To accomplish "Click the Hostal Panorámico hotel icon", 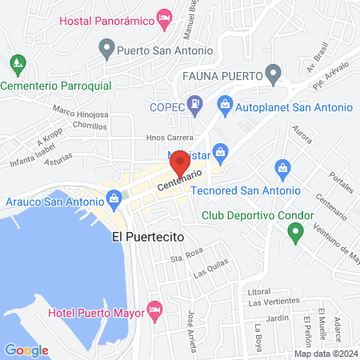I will [x=165, y=18].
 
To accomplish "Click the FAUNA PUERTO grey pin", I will [x=274, y=76].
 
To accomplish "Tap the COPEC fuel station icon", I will [x=194, y=102].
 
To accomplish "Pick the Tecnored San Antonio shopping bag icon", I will [x=282, y=168].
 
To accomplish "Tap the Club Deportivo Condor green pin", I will [x=295, y=233].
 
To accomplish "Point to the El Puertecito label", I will [x=149, y=238].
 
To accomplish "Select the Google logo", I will [x=26, y=350].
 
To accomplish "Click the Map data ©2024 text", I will [x=325, y=353].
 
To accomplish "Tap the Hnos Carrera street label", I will [x=169, y=137].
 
